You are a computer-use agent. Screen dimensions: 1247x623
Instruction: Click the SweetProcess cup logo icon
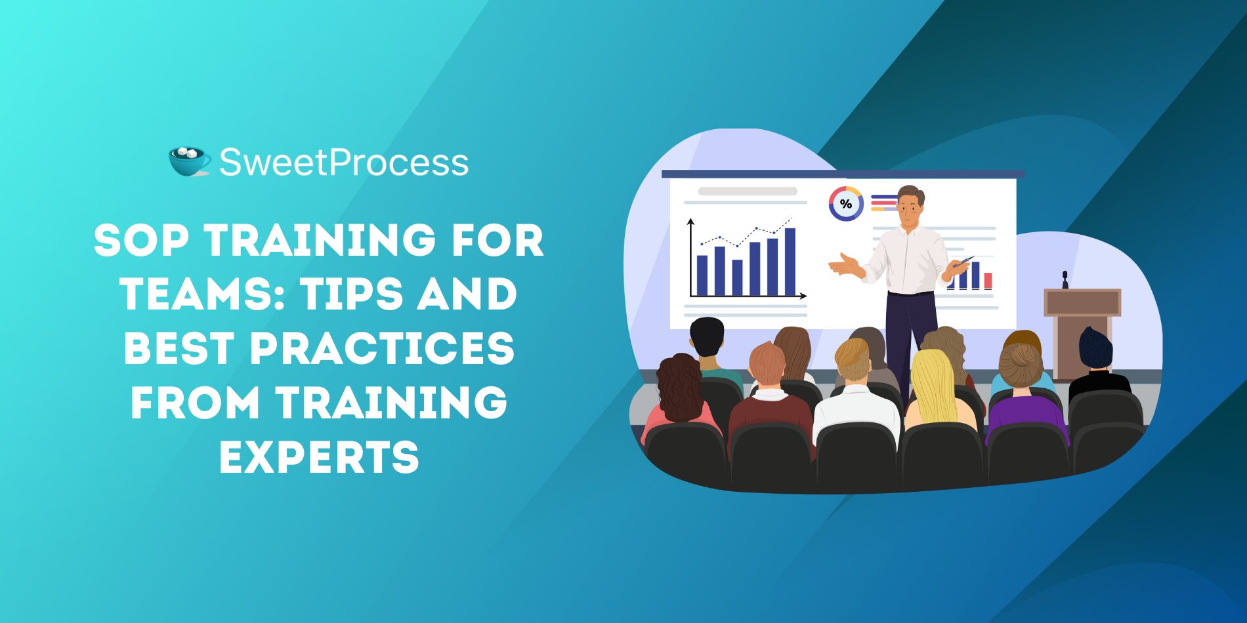coord(190,161)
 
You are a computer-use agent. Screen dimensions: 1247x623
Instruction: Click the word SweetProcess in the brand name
coord(344,163)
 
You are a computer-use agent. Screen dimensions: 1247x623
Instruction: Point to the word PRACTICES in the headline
coord(383,348)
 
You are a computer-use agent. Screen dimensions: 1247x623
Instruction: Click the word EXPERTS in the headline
coord(319,456)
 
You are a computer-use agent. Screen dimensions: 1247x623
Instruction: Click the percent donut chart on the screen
coord(846,204)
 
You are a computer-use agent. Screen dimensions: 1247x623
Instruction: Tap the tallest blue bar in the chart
coord(790,262)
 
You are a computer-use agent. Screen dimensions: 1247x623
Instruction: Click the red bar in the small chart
coord(988,281)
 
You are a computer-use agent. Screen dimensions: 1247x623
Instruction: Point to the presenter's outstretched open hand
coord(845,265)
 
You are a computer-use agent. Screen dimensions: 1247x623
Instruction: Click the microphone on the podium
coord(1065,279)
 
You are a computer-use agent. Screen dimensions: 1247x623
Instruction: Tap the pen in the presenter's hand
coord(963,260)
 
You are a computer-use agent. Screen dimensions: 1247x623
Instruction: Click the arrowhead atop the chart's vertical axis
coord(690,222)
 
